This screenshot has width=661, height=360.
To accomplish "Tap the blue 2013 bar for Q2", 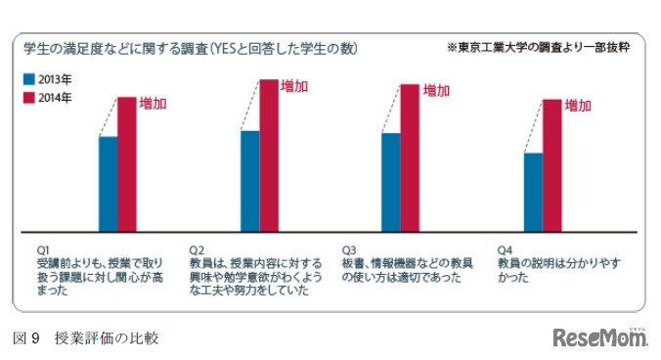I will pyautogui.click(x=250, y=181).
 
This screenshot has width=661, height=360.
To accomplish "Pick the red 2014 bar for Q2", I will pyautogui.click(x=269, y=156).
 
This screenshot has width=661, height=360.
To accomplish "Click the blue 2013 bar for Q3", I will pyautogui.click(x=391, y=182).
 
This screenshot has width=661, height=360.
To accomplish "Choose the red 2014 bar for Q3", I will pyautogui.click(x=410, y=157).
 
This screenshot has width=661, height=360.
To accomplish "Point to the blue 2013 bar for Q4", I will pyautogui.click(x=534, y=192).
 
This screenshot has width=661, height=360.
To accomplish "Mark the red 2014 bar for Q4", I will pyautogui.click(x=552, y=165).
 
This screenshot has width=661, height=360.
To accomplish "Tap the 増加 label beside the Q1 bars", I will pyautogui.click(x=152, y=103).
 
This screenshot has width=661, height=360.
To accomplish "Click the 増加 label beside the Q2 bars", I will pyautogui.click(x=294, y=86).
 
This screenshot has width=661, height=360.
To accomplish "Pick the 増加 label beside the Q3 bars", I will pyautogui.click(x=436, y=91).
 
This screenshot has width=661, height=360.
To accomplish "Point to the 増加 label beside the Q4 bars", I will pyautogui.click(x=579, y=105).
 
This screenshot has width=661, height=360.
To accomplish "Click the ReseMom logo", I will pyautogui.click(x=599, y=338).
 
